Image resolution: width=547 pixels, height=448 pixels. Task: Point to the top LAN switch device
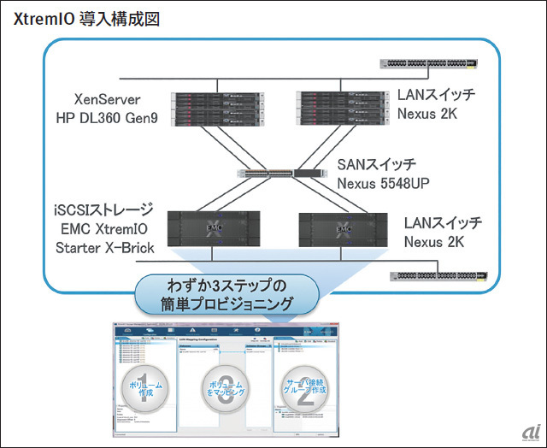tap(429, 62)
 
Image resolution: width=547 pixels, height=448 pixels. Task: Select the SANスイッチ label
tap(375, 163)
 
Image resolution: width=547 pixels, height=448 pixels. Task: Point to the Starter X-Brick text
tap(104, 248)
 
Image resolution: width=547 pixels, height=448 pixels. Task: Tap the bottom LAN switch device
tap(439, 277)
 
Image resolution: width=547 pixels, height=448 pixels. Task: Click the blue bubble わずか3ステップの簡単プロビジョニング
tap(226, 294)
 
